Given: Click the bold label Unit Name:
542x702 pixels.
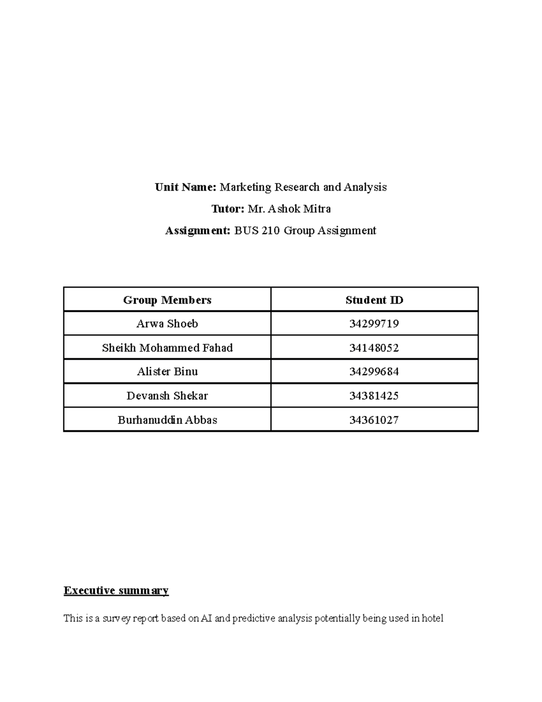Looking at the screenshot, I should (x=186, y=187).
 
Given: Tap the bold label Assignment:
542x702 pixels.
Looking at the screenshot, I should (x=198, y=231).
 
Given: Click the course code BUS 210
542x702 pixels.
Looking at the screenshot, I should (x=257, y=231).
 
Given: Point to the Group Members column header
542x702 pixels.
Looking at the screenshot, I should (x=167, y=300).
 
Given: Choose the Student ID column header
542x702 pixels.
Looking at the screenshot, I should (x=374, y=300).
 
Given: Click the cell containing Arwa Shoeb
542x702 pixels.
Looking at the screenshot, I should (x=167, y=324).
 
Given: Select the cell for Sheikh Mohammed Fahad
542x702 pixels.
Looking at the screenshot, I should (x=167, y=348).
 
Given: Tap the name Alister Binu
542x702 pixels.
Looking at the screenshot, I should (x=167, y=372).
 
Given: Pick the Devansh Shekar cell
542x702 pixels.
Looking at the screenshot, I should (x=167, y=396).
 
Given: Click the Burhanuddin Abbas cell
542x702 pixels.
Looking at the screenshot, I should (x=167, y=420).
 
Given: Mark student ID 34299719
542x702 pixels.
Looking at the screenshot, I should (x=374, y=324).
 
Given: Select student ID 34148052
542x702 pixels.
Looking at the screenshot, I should (x=374, y=348).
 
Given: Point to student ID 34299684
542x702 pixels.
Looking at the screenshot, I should (x=374, y=372).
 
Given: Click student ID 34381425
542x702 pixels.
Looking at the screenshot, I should (x=374, y=396).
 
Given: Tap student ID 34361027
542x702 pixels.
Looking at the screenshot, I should (x=374, y=420).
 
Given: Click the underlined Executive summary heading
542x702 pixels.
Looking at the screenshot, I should (x=116, y=590).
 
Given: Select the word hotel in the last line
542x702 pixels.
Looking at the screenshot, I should (x=432, y=618).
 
